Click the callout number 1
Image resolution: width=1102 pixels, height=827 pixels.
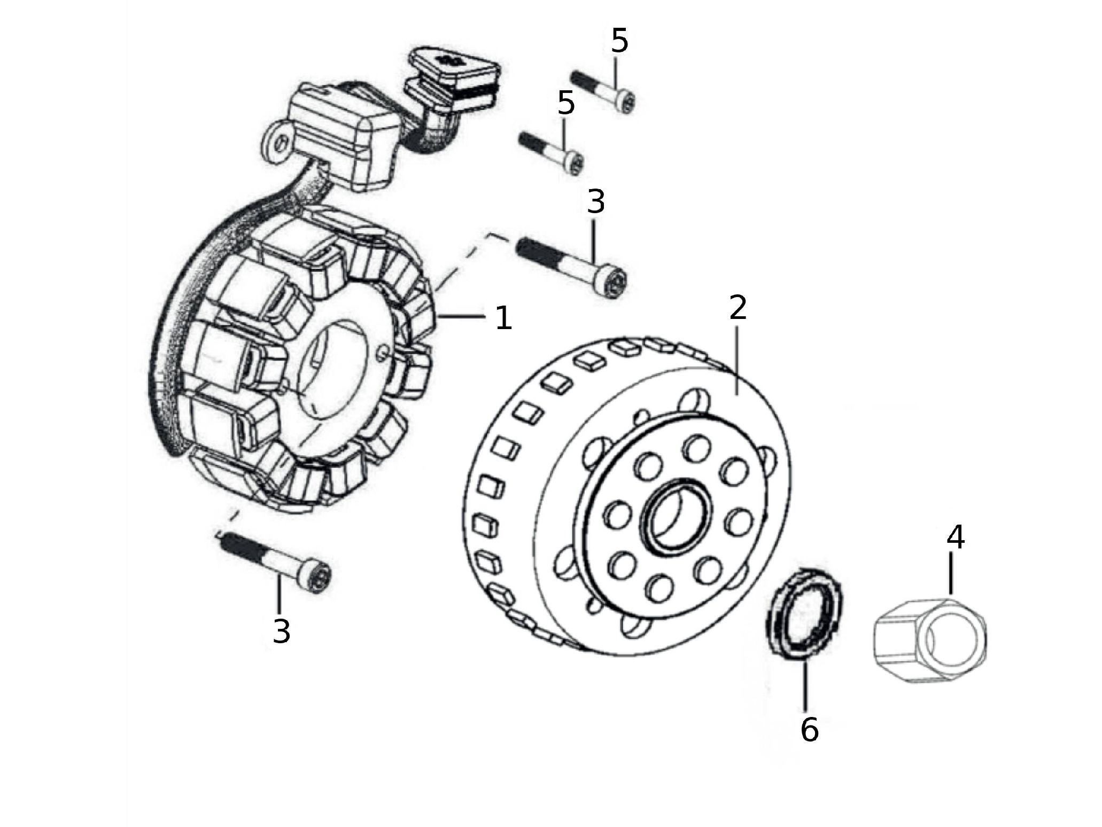click(503, 318)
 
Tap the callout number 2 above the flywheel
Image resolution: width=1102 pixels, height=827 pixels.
click(738, 308)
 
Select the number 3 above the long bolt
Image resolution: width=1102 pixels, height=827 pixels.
click(596, 201)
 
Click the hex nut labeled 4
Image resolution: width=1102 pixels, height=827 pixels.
click(930, 641)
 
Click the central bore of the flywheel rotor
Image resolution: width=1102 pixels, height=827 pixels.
click(678, 514)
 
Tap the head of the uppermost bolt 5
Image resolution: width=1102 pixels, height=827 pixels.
click(625, 102)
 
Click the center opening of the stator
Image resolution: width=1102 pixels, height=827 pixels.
click(334, 369)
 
